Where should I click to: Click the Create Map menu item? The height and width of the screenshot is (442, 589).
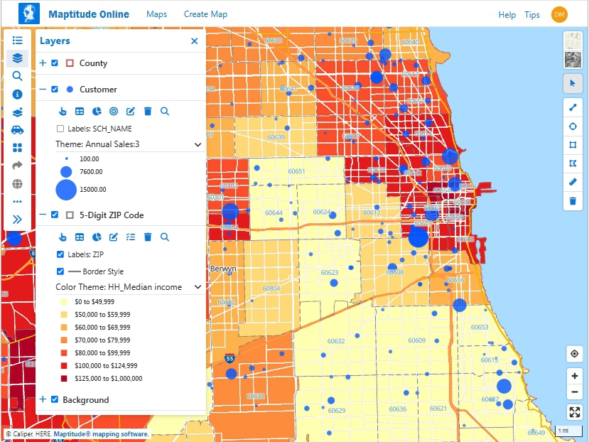pyautogui.click(x=205, y=14)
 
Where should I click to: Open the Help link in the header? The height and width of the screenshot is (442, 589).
pyautogui.click(x=507, y=14)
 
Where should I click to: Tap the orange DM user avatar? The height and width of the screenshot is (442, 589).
pyautogui.click(x=559, y=14)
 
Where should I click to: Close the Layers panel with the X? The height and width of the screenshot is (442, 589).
pyautogui.click(x=194, y=41)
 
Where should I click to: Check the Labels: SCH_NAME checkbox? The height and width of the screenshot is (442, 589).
pyautogui.click(x=60, y=129)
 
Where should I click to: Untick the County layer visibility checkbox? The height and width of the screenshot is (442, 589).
pyautogui.click(x=55, y=63)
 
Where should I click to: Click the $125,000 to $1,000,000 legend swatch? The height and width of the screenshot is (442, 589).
pyautogui.click(x=63, y=378)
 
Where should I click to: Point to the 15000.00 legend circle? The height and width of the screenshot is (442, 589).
pyautogui.click(x=66, y=190)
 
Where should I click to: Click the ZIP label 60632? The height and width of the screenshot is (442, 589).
pyautogui.click(x=335, y=342)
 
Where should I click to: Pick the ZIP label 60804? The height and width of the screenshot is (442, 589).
pyautogui.click(x=271, y=289)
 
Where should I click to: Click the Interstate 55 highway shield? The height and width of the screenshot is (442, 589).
pyautogui.click(x=229, y=359)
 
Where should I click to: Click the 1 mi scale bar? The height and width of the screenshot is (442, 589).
pyautogui.click(x=563, y=431)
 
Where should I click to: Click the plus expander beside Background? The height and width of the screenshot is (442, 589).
pyautogui.click(x=43, y=399)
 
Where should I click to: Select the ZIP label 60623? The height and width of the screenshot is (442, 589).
pyautogui.click(x=329, y=273)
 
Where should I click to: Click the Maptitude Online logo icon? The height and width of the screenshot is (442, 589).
pyautogui.click(x=29, y=14)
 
